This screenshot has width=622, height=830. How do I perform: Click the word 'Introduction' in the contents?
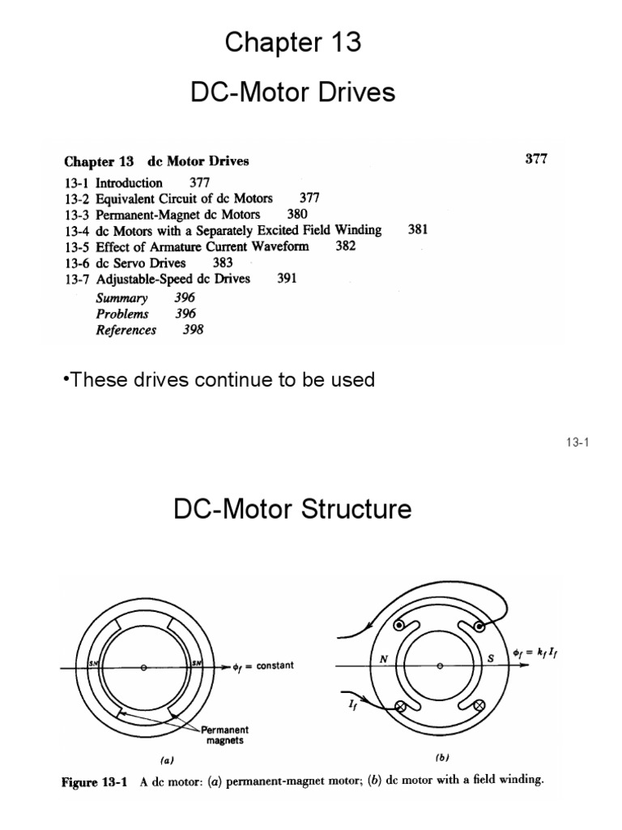(130, 182)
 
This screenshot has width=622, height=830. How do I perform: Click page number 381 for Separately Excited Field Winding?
(419, 230)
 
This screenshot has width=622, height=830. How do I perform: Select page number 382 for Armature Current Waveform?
(346, 246)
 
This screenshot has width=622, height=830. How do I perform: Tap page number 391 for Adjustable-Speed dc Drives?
(288, 279)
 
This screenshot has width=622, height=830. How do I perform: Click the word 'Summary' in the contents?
(122, 297)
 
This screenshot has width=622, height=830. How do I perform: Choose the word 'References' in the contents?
(126, 330)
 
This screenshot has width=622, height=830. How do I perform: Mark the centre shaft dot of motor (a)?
(143, 668)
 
